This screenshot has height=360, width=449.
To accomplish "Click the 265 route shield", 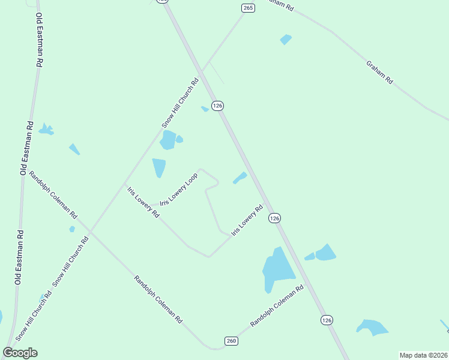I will point(249,8).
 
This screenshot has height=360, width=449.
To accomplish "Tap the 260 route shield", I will point(232,341).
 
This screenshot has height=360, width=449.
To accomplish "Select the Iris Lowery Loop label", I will point(179,189).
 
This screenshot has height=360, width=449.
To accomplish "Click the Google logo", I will point(20,353).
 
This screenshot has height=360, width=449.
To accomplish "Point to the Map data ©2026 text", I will point(423,355).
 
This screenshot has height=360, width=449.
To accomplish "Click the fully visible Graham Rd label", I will point(379,71).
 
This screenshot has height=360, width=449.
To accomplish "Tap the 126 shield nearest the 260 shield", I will point(326,320).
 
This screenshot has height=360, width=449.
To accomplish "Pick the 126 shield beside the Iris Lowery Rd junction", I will point(274,218).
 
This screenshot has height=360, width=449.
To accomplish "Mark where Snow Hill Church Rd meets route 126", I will point(203,71).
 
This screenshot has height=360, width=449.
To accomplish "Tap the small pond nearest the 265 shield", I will point(286,40).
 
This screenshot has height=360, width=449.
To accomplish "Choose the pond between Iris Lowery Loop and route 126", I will point(240,178).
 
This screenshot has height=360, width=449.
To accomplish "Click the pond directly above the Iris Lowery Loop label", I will point(158,167).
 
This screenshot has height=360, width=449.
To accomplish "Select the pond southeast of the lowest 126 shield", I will point(372,327).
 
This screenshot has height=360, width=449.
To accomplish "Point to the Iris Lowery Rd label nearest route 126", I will point(247,220).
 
